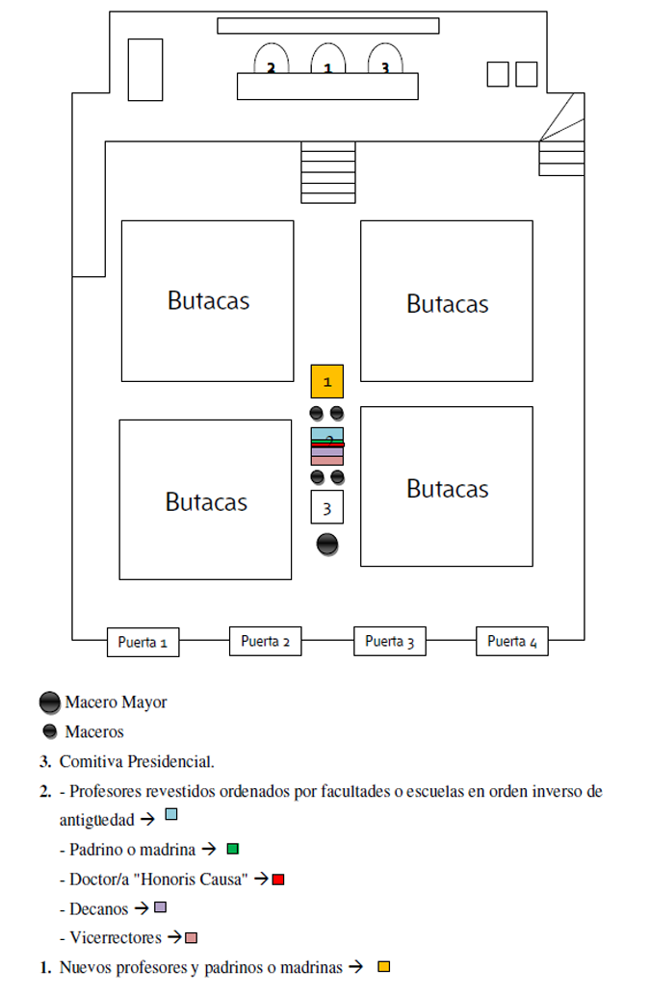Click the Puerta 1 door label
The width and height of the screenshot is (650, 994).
[x=143, y=642]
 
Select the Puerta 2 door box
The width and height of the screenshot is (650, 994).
[x=265, y=641]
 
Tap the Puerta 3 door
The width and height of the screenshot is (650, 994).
[x=389, y=641]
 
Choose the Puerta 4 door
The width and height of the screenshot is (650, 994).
[x=511, y=641]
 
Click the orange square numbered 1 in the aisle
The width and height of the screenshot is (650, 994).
[x=327, y=382]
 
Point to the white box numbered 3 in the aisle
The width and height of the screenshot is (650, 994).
[x=327, y=507]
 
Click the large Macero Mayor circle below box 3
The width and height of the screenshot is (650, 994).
[x=327, y=545]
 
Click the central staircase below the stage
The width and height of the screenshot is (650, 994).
[x=327, y=172]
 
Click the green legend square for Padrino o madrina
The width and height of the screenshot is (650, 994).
[x=233, y=849]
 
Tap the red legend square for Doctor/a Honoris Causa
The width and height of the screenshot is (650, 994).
[x=277, y=879]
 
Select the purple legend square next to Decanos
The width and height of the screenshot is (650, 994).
[x=161, y=907]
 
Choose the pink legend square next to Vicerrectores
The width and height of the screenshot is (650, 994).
[x=191, y=937]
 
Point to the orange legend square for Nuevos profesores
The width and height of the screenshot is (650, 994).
[x=383, y=967]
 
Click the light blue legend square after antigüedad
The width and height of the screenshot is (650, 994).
[x=171, y=814]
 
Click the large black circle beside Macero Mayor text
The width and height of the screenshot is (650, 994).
[x=50, y=702]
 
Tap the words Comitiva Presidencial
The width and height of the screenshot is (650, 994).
[x=137, y=761]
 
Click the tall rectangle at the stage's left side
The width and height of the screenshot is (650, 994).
[x=145, y=69]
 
